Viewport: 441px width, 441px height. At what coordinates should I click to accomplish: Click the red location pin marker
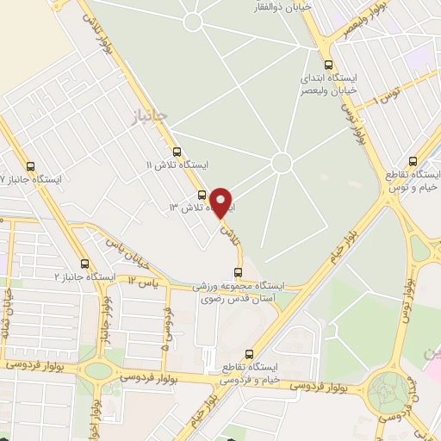[x=221, y=202]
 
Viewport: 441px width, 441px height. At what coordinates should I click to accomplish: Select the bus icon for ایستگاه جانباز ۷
[x=32, y=166]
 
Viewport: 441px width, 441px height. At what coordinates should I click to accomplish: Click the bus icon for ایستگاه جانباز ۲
[x=84, y=264]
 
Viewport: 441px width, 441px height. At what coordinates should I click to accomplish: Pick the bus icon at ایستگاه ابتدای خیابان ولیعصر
[x=328, y=64]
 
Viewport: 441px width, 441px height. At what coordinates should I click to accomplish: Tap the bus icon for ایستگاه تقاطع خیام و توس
[x=413, y=160]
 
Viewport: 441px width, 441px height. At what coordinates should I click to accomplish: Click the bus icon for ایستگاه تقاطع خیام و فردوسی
[x=249, y=353]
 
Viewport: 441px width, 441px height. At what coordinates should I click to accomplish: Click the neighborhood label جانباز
[x=150, y=115]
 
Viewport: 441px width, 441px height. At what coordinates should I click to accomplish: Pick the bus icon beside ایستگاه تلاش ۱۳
[x=202, y=195]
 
